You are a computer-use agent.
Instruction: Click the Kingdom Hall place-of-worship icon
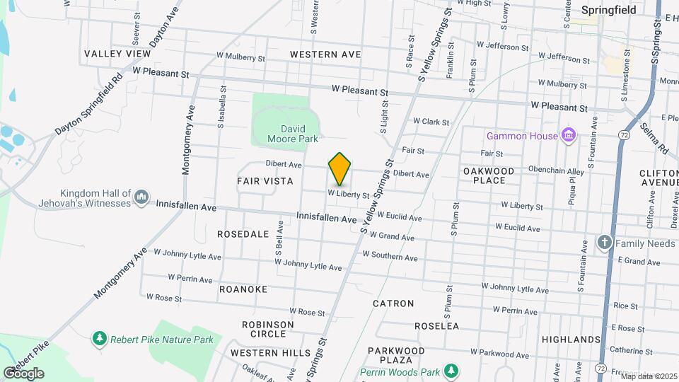point(141,196)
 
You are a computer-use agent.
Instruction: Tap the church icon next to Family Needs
point(604,243)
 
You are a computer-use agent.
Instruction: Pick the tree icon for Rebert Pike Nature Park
point(100,340)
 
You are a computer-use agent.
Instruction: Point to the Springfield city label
point(608,10)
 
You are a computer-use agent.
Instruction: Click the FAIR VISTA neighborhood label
point(265,181)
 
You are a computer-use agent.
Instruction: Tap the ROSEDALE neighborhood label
point(243,233)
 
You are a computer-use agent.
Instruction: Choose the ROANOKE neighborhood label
point(243,289)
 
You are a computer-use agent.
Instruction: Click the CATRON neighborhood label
point(393,303)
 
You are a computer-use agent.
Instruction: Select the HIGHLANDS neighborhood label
point(571,340)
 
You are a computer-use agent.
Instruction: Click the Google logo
point(23,373)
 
